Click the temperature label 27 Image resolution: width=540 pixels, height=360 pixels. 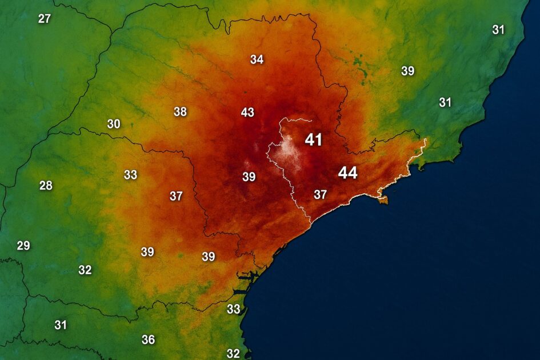pyautogui.click(x=44, y=18)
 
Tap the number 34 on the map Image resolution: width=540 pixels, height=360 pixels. pyautogui.click(x=257, y=59)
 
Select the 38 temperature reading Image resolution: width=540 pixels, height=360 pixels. pyautogui.click(x=180, y=111)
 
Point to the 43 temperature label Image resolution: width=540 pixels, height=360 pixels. pyautogui.click(x=247, y=112)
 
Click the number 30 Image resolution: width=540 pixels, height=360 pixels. pyautogui.click(x=114, y=123)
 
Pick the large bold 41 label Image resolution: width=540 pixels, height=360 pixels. pyautogui.click(x=314, y=139)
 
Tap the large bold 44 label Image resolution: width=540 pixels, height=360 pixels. pyautogui.click(x=347, y=173)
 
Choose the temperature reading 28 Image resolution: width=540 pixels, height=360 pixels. pyautogui.click(x=46, y=185)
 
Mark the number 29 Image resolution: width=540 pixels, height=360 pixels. pyautogui.click(x=23, y=246)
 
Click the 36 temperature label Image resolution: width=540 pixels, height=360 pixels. pyautogui.click(x=148, y=339)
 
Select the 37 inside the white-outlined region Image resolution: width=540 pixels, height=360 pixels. pyautogui.click(x=320, y=194)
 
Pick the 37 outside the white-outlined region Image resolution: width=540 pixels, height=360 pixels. pyautogui.click(x=176, y=196)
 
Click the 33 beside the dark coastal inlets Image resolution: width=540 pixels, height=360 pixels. pyautogui.click(x=233, y=309)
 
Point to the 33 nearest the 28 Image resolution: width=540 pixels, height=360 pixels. pyautogui.click(x=130, y=175)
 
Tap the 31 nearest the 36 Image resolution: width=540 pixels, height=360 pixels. pyautogui.click(x=61, y=325)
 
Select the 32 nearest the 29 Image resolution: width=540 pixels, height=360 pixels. pyautogui.click(x=85, y=270)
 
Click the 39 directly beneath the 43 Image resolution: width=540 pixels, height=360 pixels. pyautogui.click(x=249, y=177)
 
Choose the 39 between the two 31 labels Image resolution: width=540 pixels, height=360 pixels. pyautogui.click(x=407, y=71)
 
